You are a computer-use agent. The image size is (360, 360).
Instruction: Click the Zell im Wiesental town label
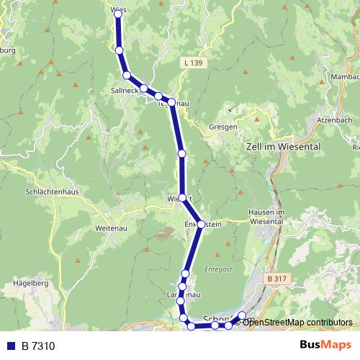click(x=280, y=145)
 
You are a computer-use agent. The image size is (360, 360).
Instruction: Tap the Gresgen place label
click(x=223, y=126)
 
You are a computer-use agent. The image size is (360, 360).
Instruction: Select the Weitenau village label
click(x=110, y=228)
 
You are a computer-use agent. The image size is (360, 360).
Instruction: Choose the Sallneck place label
click(x=125, y=92)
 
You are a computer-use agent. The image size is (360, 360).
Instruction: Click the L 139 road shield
click(x=194, y=63)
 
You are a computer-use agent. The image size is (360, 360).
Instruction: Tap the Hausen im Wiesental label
click(x=267, y=217)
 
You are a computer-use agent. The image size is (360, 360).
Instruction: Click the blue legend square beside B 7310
click(x=11, y=346)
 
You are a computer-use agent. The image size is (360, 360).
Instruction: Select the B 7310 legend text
click(x=38, y=346)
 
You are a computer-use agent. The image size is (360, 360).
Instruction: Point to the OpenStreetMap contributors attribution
click(x=297, y=322)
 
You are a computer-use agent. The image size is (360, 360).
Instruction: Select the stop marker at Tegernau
click(x=172, y=102)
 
